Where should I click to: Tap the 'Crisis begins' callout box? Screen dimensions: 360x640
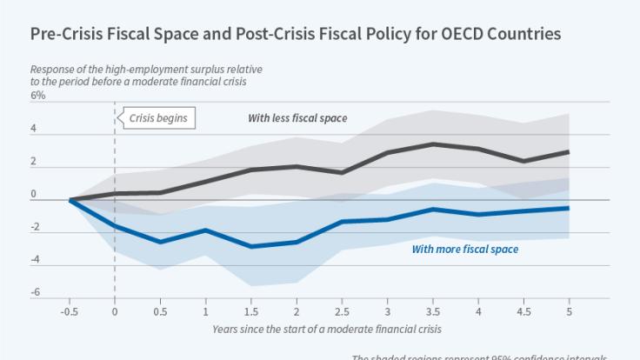pos(157,117)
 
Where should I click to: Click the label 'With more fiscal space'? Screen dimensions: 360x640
pos(464,250)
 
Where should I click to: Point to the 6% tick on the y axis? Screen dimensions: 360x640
pos(37,96)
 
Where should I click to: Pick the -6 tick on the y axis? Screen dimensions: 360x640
pos(36,292)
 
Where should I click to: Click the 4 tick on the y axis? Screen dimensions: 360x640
pos(34,129)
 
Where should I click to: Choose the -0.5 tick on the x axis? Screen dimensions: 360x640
pos(70,310)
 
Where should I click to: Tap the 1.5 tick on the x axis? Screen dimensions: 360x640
pos(251,310)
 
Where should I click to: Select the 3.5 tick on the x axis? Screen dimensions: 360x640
pos(433,310)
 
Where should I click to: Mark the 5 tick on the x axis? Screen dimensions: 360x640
pos(569,310)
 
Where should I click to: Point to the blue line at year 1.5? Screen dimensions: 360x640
pos(251,247)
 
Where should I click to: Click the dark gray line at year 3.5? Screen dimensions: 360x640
pos(433,144)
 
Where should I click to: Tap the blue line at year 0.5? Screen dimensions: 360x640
pos(161,242)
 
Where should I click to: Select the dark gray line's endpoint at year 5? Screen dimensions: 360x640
pos(569,152)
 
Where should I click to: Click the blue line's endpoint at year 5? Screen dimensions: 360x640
pos(569,208)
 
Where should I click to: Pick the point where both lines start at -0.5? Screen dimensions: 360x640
pos(70,200)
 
